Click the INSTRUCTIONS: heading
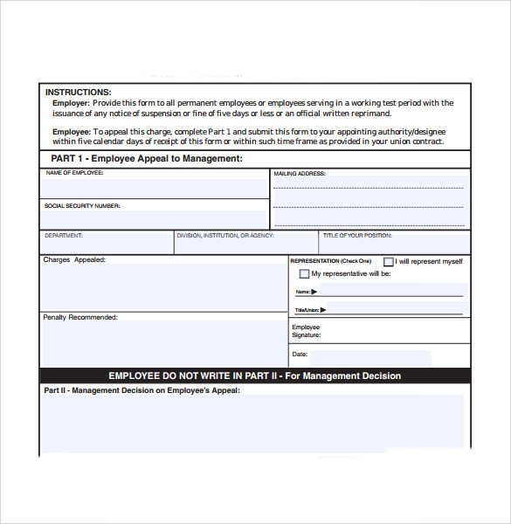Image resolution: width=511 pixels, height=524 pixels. coord(78,92)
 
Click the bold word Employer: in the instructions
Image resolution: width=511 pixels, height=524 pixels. coord(71,103)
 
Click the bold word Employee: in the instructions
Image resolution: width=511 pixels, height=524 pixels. coord(72,131)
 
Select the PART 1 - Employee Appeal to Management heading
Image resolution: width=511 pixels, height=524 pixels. coord(147,158)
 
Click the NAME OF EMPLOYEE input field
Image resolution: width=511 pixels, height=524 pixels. coord(155,189)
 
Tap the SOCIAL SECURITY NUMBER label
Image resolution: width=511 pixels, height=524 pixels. coord(82,206)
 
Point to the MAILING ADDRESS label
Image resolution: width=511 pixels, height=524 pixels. coord(300,174)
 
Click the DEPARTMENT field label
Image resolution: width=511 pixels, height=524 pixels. coord(64,236)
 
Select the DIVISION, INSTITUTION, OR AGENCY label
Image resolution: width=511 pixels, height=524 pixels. coord(225,236)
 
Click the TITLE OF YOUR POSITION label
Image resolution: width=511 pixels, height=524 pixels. coord(357,236)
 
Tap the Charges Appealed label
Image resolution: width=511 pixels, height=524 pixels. coord(74,259)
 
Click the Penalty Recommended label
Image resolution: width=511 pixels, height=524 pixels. coord(80,317)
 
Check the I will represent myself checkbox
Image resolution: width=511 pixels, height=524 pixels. coord(389,261)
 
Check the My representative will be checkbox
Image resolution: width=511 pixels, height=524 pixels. coord(304,274)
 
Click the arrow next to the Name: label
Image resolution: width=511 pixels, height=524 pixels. coord(314,292)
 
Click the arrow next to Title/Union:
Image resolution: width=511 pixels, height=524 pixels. coord(322,309)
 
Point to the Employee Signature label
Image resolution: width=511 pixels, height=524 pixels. coord(307,331)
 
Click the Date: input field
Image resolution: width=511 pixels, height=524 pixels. coord(371,358)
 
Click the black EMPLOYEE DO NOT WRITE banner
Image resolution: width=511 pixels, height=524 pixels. coord(255,376)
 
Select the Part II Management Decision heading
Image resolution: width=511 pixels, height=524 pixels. coord(142,390)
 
